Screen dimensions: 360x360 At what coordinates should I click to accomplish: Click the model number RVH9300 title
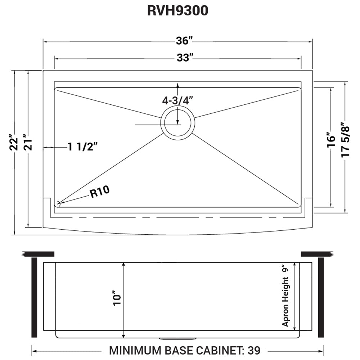(178, 11)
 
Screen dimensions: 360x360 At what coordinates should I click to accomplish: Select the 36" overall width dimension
(183, 41)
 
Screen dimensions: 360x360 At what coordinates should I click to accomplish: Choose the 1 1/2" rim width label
(82, 147)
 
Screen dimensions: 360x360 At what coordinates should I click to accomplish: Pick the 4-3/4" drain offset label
(177, 101)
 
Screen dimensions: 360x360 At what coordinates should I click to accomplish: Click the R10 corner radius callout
(99, 193)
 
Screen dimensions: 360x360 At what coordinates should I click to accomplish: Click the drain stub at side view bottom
(177, 338)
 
